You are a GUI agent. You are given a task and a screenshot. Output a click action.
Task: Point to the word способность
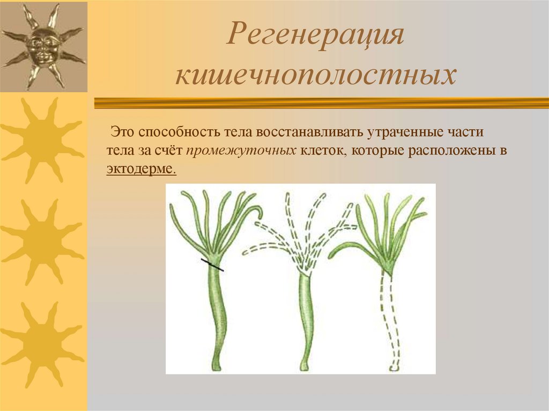(x=170, y=132)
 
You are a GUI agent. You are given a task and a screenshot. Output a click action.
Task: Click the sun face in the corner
(x=43, y=46)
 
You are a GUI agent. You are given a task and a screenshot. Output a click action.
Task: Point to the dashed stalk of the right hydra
(x=390, y=322)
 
